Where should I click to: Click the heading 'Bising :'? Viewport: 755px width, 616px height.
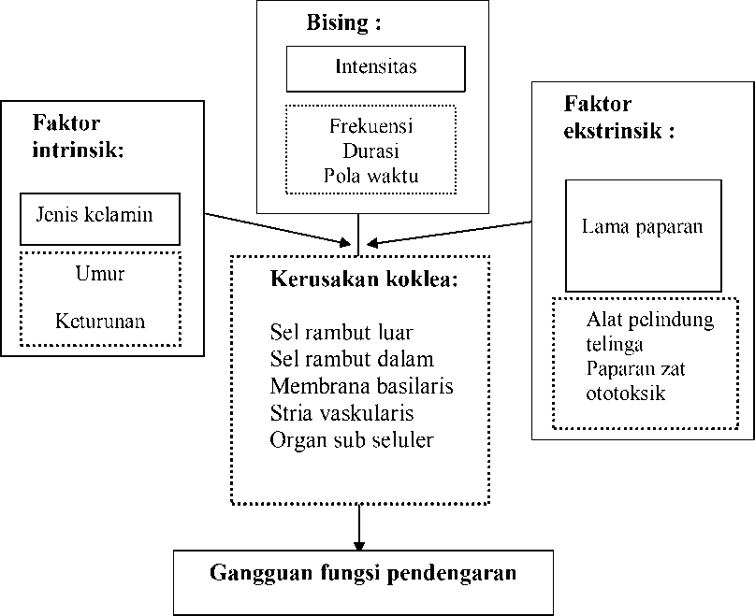343,22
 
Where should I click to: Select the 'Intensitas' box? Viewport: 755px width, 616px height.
375,69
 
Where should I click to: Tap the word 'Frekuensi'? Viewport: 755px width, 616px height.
370,126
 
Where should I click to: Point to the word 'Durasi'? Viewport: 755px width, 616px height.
370,151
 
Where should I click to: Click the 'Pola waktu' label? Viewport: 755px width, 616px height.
370,176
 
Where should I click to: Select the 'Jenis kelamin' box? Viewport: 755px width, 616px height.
100,219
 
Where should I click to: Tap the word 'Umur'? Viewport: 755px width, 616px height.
100,273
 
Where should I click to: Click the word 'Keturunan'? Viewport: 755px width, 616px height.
100,321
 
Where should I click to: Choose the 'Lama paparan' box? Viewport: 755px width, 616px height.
644,236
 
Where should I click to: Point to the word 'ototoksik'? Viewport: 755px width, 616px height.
626,394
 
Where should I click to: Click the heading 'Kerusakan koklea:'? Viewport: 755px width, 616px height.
364,279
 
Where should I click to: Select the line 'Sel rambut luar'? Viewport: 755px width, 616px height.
341,332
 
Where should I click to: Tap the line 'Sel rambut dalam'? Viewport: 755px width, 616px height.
352,359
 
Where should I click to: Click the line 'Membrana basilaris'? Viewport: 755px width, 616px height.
362,386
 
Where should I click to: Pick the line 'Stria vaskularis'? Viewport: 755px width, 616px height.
341,413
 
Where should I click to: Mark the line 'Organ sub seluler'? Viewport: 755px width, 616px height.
352,440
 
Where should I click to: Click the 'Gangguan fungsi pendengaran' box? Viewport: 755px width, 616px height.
363,582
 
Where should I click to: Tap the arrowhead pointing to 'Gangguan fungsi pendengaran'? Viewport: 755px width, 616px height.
358,546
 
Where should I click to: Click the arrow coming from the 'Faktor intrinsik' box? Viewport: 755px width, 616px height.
278,229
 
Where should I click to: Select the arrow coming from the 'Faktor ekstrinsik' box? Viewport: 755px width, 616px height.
449,233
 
